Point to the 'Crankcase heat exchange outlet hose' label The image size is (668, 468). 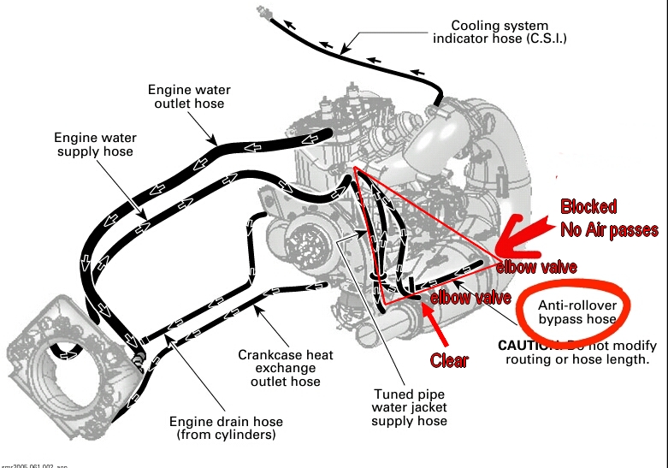[x=286, y=368]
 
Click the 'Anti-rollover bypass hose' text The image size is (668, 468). [x=576, y=312]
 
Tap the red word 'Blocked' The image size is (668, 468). [x=588, y=207]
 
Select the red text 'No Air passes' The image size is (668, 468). [x=608, y=229]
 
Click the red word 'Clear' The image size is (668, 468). [x=448, y=360]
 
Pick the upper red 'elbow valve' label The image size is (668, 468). [x=531, y=266]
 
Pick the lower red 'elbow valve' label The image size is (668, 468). [x=464, y=298]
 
